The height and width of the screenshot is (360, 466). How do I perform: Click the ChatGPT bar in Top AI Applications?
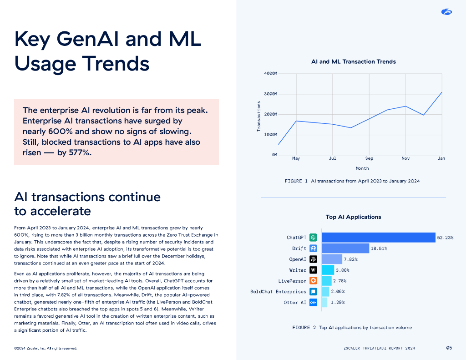pyautogui.click(x=379, y=238)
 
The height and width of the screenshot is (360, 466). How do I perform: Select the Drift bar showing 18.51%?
pyautogui.click(x=345, y=248)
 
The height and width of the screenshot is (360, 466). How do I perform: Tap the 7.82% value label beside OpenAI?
pyautogui.click(x=350, y=259)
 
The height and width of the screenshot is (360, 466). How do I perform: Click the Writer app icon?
pyautogui.click(x=313, y=270)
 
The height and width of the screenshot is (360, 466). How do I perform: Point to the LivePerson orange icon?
pyautogui.click(x=313, y=281)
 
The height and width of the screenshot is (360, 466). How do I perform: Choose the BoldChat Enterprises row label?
pyautogui.click(x=278, y=292)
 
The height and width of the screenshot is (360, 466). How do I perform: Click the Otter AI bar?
pyautogui.click(x=324, y=303)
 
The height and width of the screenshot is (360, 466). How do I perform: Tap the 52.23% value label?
pyautogui.click(x=445, y=238)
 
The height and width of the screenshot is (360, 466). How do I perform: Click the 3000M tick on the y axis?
pyautogui.click(x=270, y=94)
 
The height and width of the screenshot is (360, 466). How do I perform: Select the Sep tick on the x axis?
pyautogui.click(x=369, y=158)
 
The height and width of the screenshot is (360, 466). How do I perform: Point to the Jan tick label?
pyautogui.click(x=441, y=158)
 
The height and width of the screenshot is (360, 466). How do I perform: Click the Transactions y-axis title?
pyautogui.click(x=258, y=117)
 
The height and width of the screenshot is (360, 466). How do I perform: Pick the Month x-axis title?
pyautogui.click(x=362, y=168)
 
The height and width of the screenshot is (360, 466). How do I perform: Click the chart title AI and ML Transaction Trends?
pyautogui.click(x=353, y=61)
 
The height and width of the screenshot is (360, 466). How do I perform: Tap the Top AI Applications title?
pyautogui.click(x=353, y=217)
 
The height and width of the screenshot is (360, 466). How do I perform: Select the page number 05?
pyautogui.click(x=449, y=348)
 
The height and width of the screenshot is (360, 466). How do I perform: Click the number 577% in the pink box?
pyautogui.click(x=80, y=152)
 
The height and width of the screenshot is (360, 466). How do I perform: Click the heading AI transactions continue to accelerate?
pyautogui.click(x=87, y=204)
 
